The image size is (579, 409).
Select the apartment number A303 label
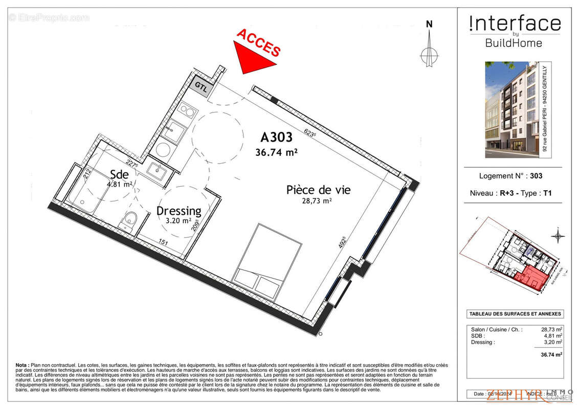276,138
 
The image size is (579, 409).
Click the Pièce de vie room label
318,190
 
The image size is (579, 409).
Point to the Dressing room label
179,211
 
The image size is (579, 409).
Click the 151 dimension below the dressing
163,242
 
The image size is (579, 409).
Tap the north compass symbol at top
429,49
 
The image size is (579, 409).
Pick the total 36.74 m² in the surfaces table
552,353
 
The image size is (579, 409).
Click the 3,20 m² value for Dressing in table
554,342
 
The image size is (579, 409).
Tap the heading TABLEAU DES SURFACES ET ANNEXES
515,314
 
